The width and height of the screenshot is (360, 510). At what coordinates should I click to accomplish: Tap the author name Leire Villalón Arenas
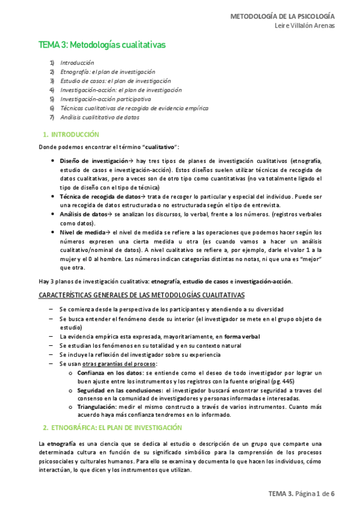(304, 26)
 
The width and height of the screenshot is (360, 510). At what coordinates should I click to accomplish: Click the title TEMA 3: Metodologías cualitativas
(102, 45)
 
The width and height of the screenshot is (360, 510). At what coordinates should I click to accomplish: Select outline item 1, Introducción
(78, 63)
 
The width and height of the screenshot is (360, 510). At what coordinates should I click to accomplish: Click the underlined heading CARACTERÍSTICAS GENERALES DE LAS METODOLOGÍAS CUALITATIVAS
(142, 295)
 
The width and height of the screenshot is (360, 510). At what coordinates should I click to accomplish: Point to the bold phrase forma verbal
(242, 337)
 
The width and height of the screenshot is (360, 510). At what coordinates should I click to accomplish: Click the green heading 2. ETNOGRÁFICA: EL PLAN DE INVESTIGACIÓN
(112, 428)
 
